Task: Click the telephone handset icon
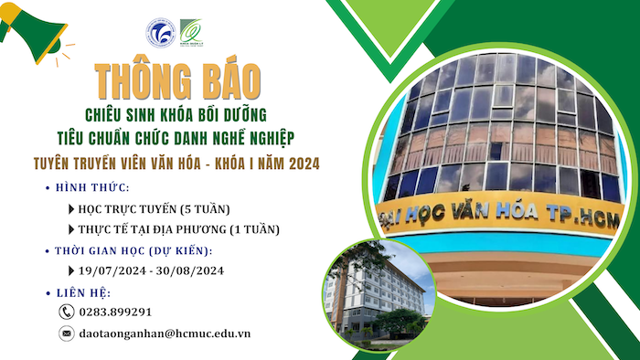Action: [x=66, y=312]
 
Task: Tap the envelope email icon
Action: [x=66, y=334]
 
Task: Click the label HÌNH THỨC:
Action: [x=92, y=188]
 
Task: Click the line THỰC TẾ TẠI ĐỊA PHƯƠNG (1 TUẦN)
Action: [x=178, y=229]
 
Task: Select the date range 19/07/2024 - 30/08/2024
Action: [x=150, y=271]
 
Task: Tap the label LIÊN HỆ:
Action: [x=84, y=292]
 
